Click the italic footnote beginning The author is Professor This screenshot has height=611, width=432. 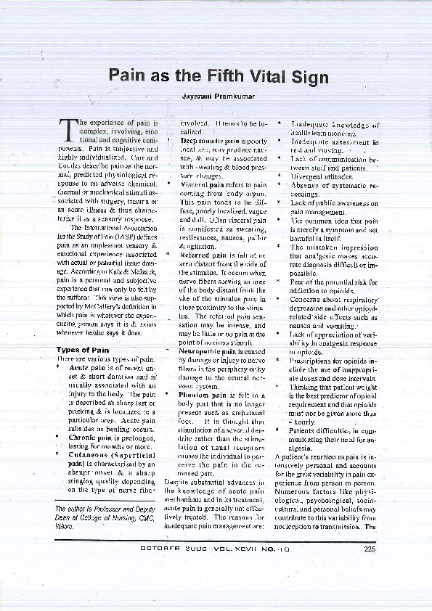96,519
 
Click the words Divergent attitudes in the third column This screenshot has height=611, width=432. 317,176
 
